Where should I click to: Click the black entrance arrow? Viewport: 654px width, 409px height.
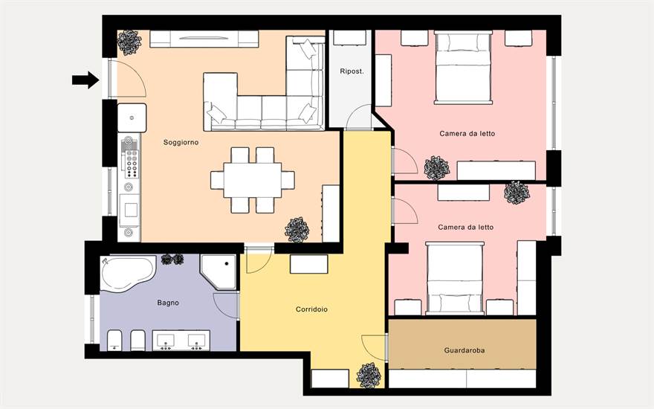(86, 80)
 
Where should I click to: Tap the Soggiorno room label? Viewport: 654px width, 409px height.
(181, 142)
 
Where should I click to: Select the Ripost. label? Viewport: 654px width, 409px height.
(352, 71)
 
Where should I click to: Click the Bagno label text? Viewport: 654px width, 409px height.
(168, 303)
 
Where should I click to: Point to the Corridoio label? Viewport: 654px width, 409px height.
(311, 309)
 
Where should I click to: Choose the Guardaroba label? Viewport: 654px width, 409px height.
(464, 350)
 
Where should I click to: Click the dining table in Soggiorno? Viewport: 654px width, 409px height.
(253, 180)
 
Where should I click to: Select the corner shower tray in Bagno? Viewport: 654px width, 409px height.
(218, 272)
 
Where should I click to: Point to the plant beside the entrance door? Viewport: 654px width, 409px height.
(129, 42)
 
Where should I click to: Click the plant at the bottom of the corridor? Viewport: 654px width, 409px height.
(369, 376)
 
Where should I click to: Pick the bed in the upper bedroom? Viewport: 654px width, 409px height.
(463, 67)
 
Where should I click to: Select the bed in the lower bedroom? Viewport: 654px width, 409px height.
(455, 278)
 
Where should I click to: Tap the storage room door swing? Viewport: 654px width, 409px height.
(358, 117)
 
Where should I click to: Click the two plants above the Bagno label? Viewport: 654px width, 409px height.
(172, 260)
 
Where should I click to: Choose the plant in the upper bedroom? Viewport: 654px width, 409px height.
(437, 168)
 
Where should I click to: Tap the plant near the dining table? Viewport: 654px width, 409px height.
(297, 230)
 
